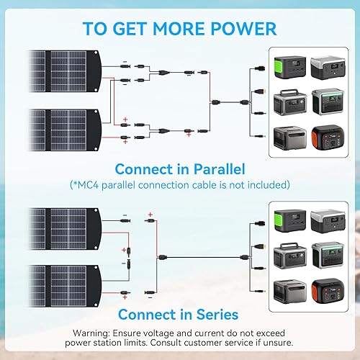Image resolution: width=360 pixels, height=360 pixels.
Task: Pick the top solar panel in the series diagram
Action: pyautogui.click(x=58, y=222)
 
